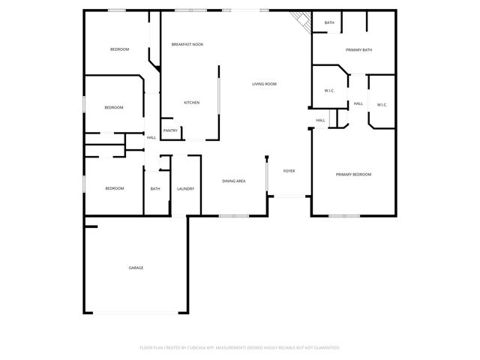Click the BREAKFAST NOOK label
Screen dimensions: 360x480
pyautogui.click(x=187, y=45)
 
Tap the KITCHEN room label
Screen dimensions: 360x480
pyautogui.click(x=191, y=103)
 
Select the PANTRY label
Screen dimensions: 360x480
pyautogui.click(x=170, y=130)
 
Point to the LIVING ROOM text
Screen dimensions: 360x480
pyautogui.click(x=264, y=84)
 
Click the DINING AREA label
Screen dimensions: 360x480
pyautogui.click(x=234, y=181)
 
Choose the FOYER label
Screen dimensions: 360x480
pyautogui.click(x=288, y=171)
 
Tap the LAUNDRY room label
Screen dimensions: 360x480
pyautogui.click(x=185, y=189)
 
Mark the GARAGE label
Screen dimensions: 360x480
pyautogui.click(x=136, y=268)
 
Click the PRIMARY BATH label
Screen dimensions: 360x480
pyautogui.click(x=358, y=50)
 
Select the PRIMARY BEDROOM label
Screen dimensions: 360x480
pyautogui.click(x=353, y=175)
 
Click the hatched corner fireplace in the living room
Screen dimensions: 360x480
pyautogui.click(x=303, y=22)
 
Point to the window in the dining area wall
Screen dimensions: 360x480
pyautogui.click(x=233, y=216)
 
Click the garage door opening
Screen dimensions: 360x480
pyautogui.click(x=135, y=313)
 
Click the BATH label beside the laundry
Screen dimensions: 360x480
pyautogui.click(x=155, y=189)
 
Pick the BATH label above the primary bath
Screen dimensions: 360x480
pyautogui.click(x=329, y=23)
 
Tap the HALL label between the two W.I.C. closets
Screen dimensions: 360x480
pyautogui.click(x=358, y=103)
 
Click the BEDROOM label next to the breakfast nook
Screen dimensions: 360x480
pyautogui.click(x=119, y=49)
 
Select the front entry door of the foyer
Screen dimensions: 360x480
pyautogui.click(x=289, y=196)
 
